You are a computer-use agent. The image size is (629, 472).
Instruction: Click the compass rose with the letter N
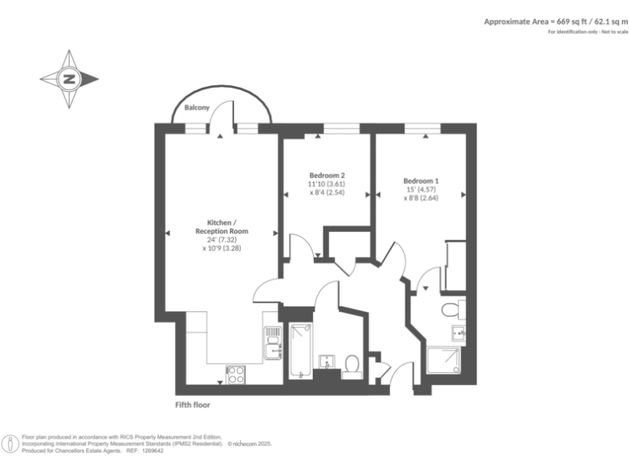[70, 79]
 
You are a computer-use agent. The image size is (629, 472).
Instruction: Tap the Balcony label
[197, 108]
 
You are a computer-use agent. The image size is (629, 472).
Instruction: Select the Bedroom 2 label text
[326, 175]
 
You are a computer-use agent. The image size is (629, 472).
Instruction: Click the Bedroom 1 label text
[421, 181]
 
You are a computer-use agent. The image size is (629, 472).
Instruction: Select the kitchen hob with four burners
[235, 374]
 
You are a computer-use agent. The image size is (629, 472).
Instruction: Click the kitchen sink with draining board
[272, 343]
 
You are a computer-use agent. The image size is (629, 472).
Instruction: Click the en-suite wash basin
[459, 333]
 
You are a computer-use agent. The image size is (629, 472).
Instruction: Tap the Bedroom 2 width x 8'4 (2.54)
[326, 194]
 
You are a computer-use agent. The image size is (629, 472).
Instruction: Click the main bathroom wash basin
[327, 361]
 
